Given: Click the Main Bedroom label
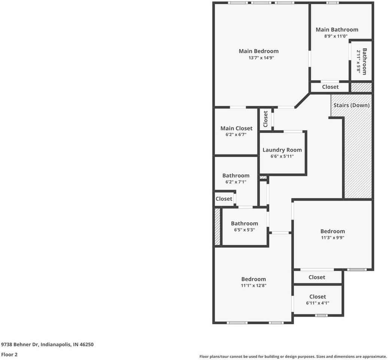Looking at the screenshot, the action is click(x=258, y=51).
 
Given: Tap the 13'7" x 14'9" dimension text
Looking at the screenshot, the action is click(x=261, y=58).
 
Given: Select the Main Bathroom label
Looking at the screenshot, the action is click(x=337, y=30).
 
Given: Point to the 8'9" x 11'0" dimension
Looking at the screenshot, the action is click(x=336, y=36).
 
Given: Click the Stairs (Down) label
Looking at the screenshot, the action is click(x=351, y=105).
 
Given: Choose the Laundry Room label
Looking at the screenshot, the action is click(x=282, y=150).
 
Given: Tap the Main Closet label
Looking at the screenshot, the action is click(x=236, y=128).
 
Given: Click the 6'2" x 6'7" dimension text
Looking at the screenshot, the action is click(x=236, y=135).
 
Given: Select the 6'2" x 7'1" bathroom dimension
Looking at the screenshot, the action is click(x=236, y=182).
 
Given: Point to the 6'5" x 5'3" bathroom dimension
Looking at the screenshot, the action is click(x=245, y=230).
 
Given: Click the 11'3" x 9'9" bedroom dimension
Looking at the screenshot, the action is click(x=333, y=238).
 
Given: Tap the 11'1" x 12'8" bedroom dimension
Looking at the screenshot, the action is click(x=254, y=285).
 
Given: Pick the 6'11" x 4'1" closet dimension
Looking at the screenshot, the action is click(x=318, y=303).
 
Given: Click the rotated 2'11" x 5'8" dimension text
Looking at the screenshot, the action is click(x=358, y=61).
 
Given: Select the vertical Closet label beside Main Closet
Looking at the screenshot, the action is click(x=266, y=119).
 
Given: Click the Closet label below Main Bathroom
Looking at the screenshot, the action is click(x=330, y=87).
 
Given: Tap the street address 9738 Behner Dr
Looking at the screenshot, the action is click(x=19, y=344).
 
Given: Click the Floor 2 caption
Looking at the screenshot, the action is click(x=9, y=354).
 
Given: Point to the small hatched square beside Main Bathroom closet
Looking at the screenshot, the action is click(x=361, y=87).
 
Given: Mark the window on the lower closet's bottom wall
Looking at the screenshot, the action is click(x=321, y=315).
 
